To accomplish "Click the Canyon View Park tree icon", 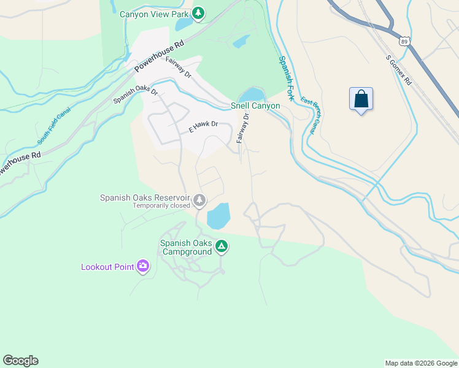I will pos(198,13).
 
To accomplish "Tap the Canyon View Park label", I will pos(154,13).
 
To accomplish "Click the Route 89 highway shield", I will pos(403,40).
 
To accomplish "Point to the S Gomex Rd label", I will pos(399,69).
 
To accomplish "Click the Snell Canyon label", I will pos(255,105).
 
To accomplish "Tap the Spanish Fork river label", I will pos(287,78).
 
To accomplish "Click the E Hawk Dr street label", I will pos(203,126).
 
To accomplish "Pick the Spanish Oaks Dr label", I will pos(136,94).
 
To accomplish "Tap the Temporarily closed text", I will pos(161,205).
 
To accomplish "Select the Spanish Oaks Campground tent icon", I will pos(222,247).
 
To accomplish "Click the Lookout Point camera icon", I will pos(143,266).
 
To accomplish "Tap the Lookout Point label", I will pos(108,267).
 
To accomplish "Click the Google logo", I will pos(20,361).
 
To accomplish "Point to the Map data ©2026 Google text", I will pos(421,363).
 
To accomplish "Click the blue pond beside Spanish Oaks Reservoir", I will pos(218,217).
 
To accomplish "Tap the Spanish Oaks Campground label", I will pos(186,247).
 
